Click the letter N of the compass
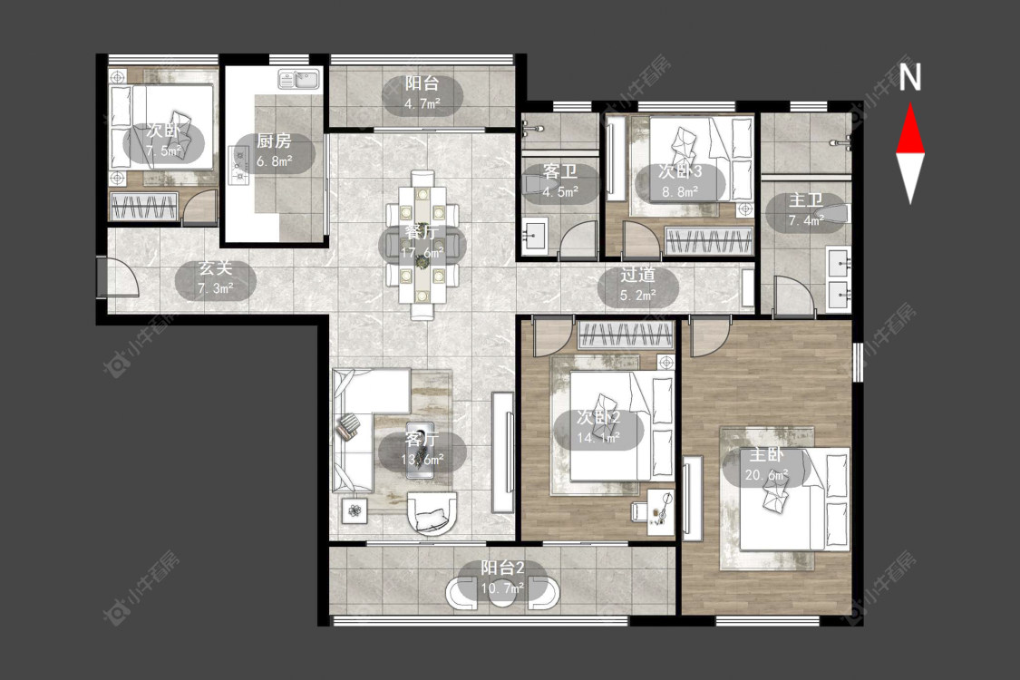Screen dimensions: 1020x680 point(910,77)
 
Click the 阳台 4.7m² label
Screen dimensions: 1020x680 point(423,93)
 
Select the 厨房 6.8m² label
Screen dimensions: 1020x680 point(274,151)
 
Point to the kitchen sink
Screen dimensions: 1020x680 point(298,79)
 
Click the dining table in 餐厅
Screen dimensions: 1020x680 point(423,245)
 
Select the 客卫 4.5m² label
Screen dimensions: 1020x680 point(560,182)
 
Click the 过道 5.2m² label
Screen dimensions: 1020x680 point(637,285)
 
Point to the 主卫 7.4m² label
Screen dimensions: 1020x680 point(806,210)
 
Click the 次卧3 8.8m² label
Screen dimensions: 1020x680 point(680,181)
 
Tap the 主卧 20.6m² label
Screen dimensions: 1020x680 point(766,464)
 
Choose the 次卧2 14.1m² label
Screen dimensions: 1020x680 point(598,428)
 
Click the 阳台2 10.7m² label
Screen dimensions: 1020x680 point(502,578)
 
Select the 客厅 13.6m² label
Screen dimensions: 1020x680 point(423,449)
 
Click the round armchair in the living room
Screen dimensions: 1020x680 point(432,514)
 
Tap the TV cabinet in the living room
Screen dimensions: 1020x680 point(502,452)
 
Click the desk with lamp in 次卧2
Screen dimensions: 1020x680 point(661,512)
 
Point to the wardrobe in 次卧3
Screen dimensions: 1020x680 point(708,241)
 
